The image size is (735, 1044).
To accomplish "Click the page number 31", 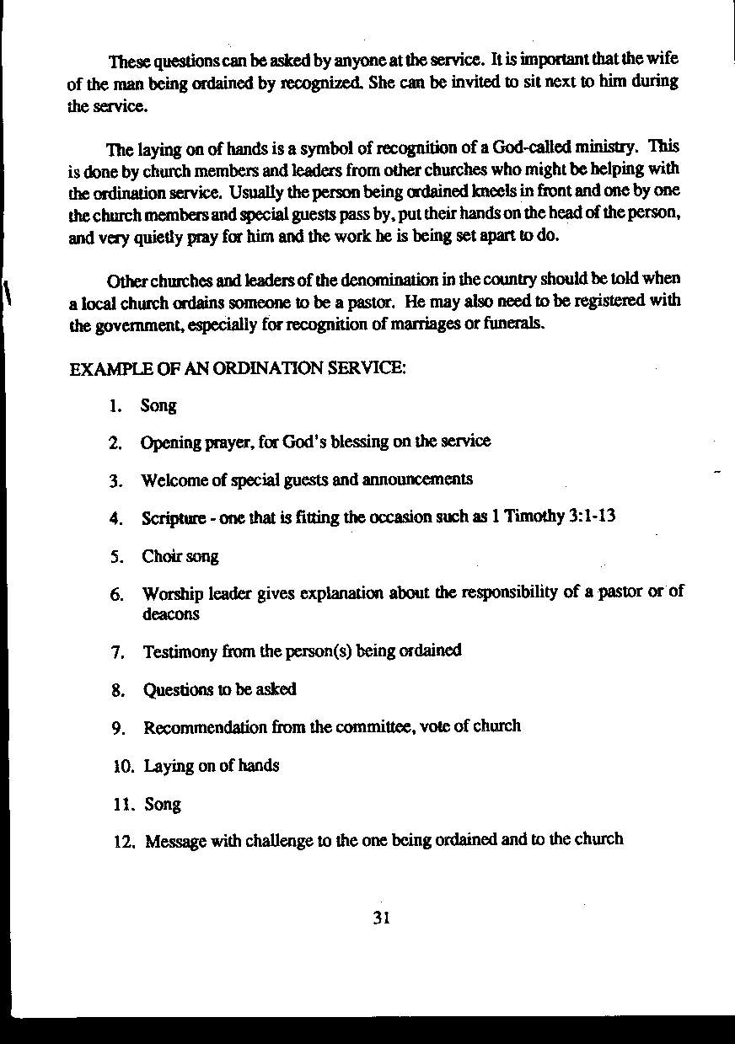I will pyautogui.click(x=380, y=918).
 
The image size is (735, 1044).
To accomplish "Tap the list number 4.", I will pyautogui.click(x=116, y=518).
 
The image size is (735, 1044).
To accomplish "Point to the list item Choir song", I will pyautogui.click(x=180, y=556).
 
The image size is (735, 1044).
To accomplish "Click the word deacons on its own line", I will pyautogui.click(x=171, y=613).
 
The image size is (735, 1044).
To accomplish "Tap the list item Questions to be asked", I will pyautogui.click(x=219, y=689).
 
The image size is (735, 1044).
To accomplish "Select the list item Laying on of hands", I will pyautogui.click(x=211, y=765).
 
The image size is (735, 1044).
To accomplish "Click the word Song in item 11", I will pyautogui.click(x=163, y=804).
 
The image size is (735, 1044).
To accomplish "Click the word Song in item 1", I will pyautogui.click(x=158, y=405).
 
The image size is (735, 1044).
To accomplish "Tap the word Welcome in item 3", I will pyautogui.click(x=173, y=480).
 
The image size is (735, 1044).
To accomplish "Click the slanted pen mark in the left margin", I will pyautogui.click(x=8, y=294).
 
